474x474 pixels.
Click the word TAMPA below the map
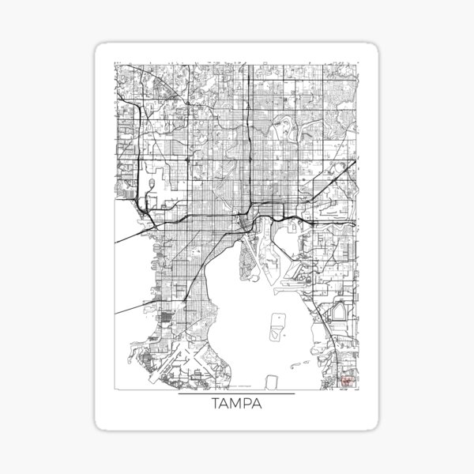236,406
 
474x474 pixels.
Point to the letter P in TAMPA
248,406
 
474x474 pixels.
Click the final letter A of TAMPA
259,406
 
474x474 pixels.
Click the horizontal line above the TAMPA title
236,393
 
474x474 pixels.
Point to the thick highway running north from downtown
247,142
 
